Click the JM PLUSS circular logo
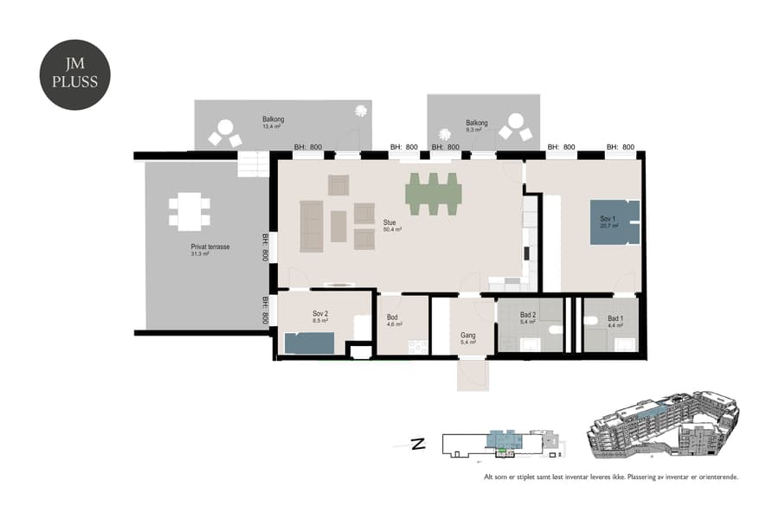(x=75, y=75)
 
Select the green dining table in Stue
(x=433, y=194)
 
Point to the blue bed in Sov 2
(x=309, y=343)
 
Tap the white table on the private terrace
(x=189, y=211)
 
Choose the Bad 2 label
(x=529, y=317)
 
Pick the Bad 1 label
(x=615, y=321)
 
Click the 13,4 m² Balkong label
(x=273, y=122)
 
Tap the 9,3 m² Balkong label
(x=476, y=126)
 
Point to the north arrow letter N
(x=417, y=445)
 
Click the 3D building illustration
(x=663, y=429)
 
